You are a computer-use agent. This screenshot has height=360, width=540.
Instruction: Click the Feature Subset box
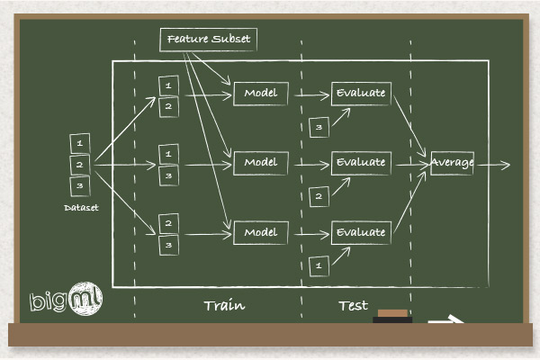click(x=209, y=40)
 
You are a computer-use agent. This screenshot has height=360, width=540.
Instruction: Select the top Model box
click(x=261, y=93)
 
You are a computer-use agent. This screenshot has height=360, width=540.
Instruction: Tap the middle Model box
click(x=261, y=163)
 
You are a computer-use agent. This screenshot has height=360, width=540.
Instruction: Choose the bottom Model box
click(x=261, y=233)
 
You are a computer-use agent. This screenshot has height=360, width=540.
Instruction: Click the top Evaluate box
click(x=360, y=93)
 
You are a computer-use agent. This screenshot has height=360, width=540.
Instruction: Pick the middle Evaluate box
click(x=360, y=163)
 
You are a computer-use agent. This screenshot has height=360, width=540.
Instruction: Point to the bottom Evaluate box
click(x=360, y=233)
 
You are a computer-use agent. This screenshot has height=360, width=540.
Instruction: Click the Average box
click(x=452, y=163)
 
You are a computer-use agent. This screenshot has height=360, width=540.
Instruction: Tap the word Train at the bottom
click(x=224, y=306)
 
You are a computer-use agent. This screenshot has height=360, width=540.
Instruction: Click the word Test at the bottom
click(x=353, y=306)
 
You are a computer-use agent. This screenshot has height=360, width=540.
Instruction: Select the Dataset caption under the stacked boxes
click(x=81, y=208)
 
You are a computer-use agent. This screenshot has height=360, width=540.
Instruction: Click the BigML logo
click(x=65, y=301)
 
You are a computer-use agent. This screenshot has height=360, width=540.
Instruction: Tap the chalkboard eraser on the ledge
click(x=391, y=316)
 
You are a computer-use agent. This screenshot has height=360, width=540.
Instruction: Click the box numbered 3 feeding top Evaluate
click(x=317, y=128)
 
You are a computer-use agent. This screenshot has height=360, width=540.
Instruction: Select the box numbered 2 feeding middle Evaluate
click(x=317, y=195)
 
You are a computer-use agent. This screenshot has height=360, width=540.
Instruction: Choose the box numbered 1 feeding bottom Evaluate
click(x=317, y=265)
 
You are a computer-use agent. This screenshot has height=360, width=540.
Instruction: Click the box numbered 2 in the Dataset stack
click(x=80, y=165)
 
